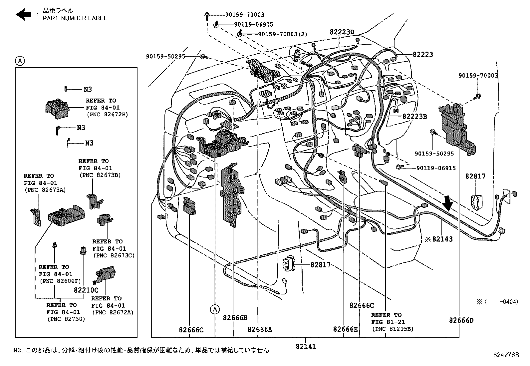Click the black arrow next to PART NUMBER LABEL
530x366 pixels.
click(23, 14)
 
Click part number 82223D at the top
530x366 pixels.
click(342, 32)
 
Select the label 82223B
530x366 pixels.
click(414, 117)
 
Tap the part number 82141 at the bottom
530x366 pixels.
click(306, 346)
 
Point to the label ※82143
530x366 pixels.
click(439, 239)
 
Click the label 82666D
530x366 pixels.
click(461, 320)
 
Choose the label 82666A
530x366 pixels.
click(260, 329)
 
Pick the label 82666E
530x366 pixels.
click(345, 329)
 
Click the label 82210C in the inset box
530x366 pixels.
click(86, 290)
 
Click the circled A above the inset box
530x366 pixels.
click(20, 61)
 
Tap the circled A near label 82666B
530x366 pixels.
click(215, 309)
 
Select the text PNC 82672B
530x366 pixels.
click(108, 115)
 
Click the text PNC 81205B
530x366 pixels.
click(393, 329)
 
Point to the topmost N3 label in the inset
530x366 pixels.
click(88, 89)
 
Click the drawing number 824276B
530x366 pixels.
click(506, 355)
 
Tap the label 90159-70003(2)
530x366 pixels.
click(283, 34)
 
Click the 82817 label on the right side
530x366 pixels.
click(475, 176)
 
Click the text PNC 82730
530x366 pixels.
click(66, 319)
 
